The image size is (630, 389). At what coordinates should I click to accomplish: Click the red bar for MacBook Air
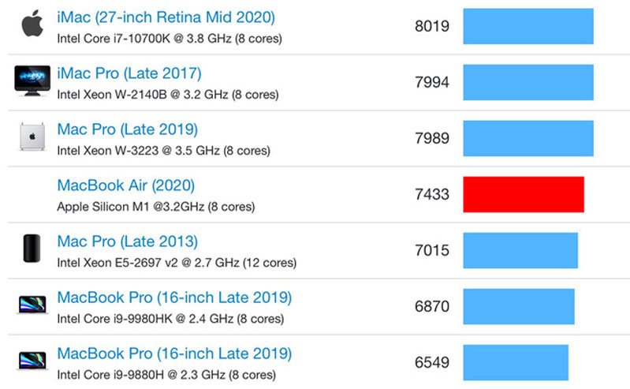pyautogui.click(x=524, y=194)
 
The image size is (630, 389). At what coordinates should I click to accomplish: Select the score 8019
pyautogui.click(x=431, y=26)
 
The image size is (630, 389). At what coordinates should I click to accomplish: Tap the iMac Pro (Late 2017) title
pyautogui.click(x=129, y=73)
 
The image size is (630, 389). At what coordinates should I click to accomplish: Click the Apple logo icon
pyautogui.click(x=32, y=24)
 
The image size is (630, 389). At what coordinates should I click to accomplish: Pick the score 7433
pyautogui.click(x=431, y=194)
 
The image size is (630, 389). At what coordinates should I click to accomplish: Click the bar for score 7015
pyautogui.click(x=520, y=250)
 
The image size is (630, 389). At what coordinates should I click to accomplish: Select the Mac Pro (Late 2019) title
pyautogui.click(x=127, y=129)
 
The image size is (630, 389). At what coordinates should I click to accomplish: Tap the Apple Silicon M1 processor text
pyautogui.click(x=155, y=207)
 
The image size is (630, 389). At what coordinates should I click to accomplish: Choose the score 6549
pyautogui.click(x=431, y=362)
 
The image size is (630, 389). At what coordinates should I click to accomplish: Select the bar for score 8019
pyautogui.click(x=528, y=26)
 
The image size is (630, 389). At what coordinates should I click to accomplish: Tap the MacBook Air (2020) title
pyautogui.click(x=125, y=185)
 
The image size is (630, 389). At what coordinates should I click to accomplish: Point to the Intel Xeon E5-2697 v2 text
pyautogui.click(x=177, y=263)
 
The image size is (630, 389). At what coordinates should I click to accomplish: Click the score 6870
pyautogui.click(x=431, y=306)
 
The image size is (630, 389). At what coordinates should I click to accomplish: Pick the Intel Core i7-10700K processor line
pyautogui.click(x=170, y=38)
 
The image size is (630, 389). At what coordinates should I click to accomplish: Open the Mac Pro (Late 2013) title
pyautogui.click(x=127, y=241)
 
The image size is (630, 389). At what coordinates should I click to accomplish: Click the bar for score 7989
pyautogui.click(x=528, y=138)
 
